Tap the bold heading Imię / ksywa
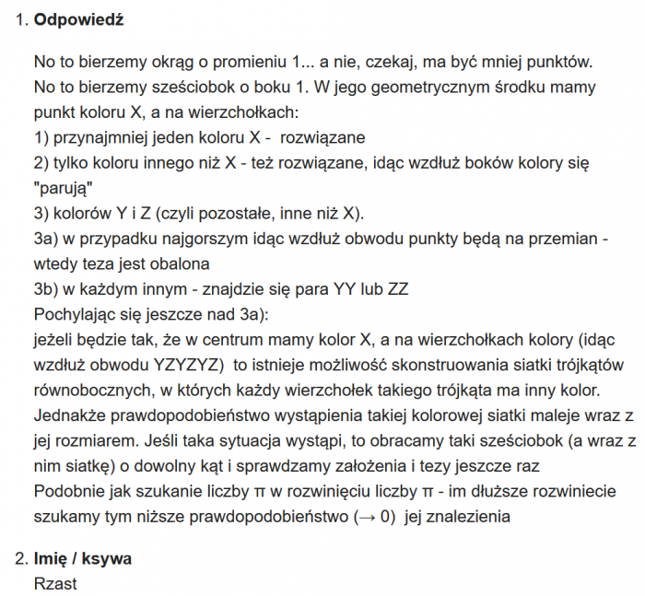[x=83, y=558]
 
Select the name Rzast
[x=55, y=583]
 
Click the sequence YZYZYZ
[x=191, y=362]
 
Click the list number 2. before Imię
[x=22, y=558]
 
